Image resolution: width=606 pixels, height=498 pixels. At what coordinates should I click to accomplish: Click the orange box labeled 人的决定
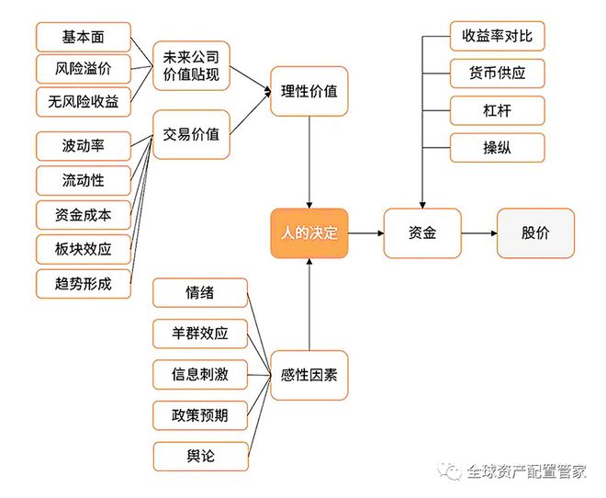coord(309,233)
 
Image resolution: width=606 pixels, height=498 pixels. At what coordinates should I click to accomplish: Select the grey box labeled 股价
coord(535,233)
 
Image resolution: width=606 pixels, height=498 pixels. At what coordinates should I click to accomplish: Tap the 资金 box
coord(422,233)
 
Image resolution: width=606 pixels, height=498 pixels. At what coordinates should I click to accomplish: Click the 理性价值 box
coord(309,91)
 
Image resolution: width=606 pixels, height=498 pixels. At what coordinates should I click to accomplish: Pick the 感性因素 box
coord(309,376)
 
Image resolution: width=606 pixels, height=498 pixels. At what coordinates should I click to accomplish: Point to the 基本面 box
coord(83,38)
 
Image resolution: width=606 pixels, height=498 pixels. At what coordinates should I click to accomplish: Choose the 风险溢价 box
coord(83,70)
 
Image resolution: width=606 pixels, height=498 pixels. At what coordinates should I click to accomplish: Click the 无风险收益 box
coord(83,102)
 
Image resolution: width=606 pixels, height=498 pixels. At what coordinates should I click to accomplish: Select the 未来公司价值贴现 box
coord(191,65)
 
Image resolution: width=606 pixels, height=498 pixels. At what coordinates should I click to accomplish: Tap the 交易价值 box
coord(191,134)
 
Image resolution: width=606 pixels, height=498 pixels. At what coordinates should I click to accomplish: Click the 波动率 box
coord(83,146)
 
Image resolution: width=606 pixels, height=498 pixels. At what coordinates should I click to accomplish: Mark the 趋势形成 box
coord(83,284)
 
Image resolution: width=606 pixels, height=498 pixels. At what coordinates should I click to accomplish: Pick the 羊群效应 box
coord(200,334)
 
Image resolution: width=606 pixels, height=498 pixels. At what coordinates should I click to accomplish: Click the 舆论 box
coord(200,456)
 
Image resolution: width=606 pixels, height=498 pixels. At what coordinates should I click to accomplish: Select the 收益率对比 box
coord(498,37)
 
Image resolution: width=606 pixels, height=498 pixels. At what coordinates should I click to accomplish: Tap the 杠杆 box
coord(498,110)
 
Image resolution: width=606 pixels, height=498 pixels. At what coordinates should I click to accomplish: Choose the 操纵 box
coord(498,147)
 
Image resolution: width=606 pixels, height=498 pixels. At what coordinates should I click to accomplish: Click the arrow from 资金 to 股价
coord(478,233)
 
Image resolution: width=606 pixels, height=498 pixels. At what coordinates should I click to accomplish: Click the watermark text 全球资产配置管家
coord(526,471)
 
